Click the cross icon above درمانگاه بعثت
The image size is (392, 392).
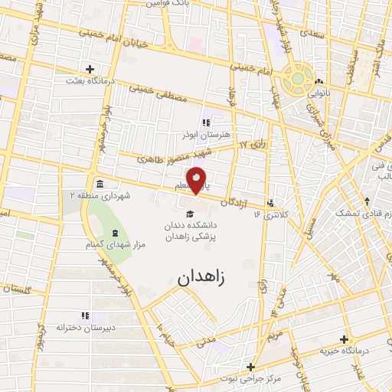tap(90, 69)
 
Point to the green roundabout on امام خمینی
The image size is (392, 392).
tap(297, 77)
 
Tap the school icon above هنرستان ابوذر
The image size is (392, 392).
tap(205, 122)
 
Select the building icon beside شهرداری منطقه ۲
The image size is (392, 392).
tap(100, 183)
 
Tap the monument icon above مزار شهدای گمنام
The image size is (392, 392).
tap(114, 233)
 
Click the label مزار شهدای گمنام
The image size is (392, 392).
tap(114, 244)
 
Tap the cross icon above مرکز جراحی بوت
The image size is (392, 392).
tap(250, 366)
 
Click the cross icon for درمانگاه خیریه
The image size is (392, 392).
tap(344, 339)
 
